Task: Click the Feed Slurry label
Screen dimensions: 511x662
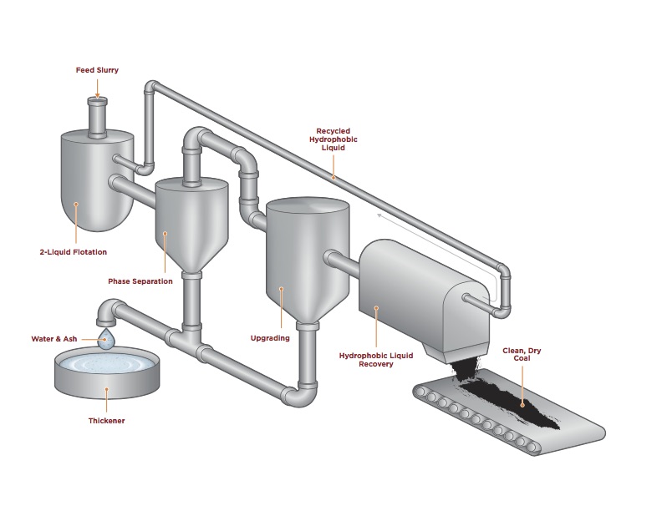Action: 97,70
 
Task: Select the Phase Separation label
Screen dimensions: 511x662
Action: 140,281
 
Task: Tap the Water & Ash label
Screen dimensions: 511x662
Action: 53,339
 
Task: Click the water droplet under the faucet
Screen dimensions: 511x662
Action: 105,338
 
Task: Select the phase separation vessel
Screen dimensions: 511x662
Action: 191,221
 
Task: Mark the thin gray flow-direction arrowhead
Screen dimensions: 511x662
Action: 379,215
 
